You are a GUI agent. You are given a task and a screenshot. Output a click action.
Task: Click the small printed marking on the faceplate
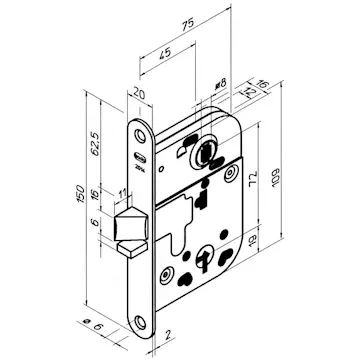click(x=140, y=150)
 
